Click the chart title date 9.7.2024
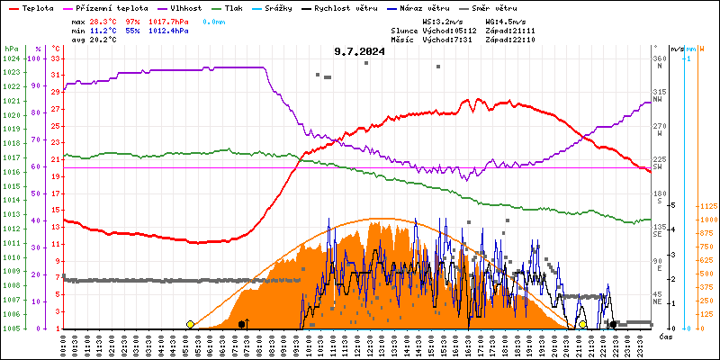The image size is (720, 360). click(x=359, y=52)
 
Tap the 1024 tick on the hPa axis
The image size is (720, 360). click(x=11, y=58)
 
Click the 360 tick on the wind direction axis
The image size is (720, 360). click(x=660, y=58)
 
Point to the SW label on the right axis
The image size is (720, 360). click(x=658, y=167)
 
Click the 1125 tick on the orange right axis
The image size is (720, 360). click(x=708, y=206)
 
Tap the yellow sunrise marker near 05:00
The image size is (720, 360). click(x=190, y=324)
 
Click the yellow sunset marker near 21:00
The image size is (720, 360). click(x=582, y=324)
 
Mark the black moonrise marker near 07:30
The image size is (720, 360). click(x=242, y=324)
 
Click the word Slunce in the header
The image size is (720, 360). click(x=404, y=30)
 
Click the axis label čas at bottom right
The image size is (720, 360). click(x=666, y=337)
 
